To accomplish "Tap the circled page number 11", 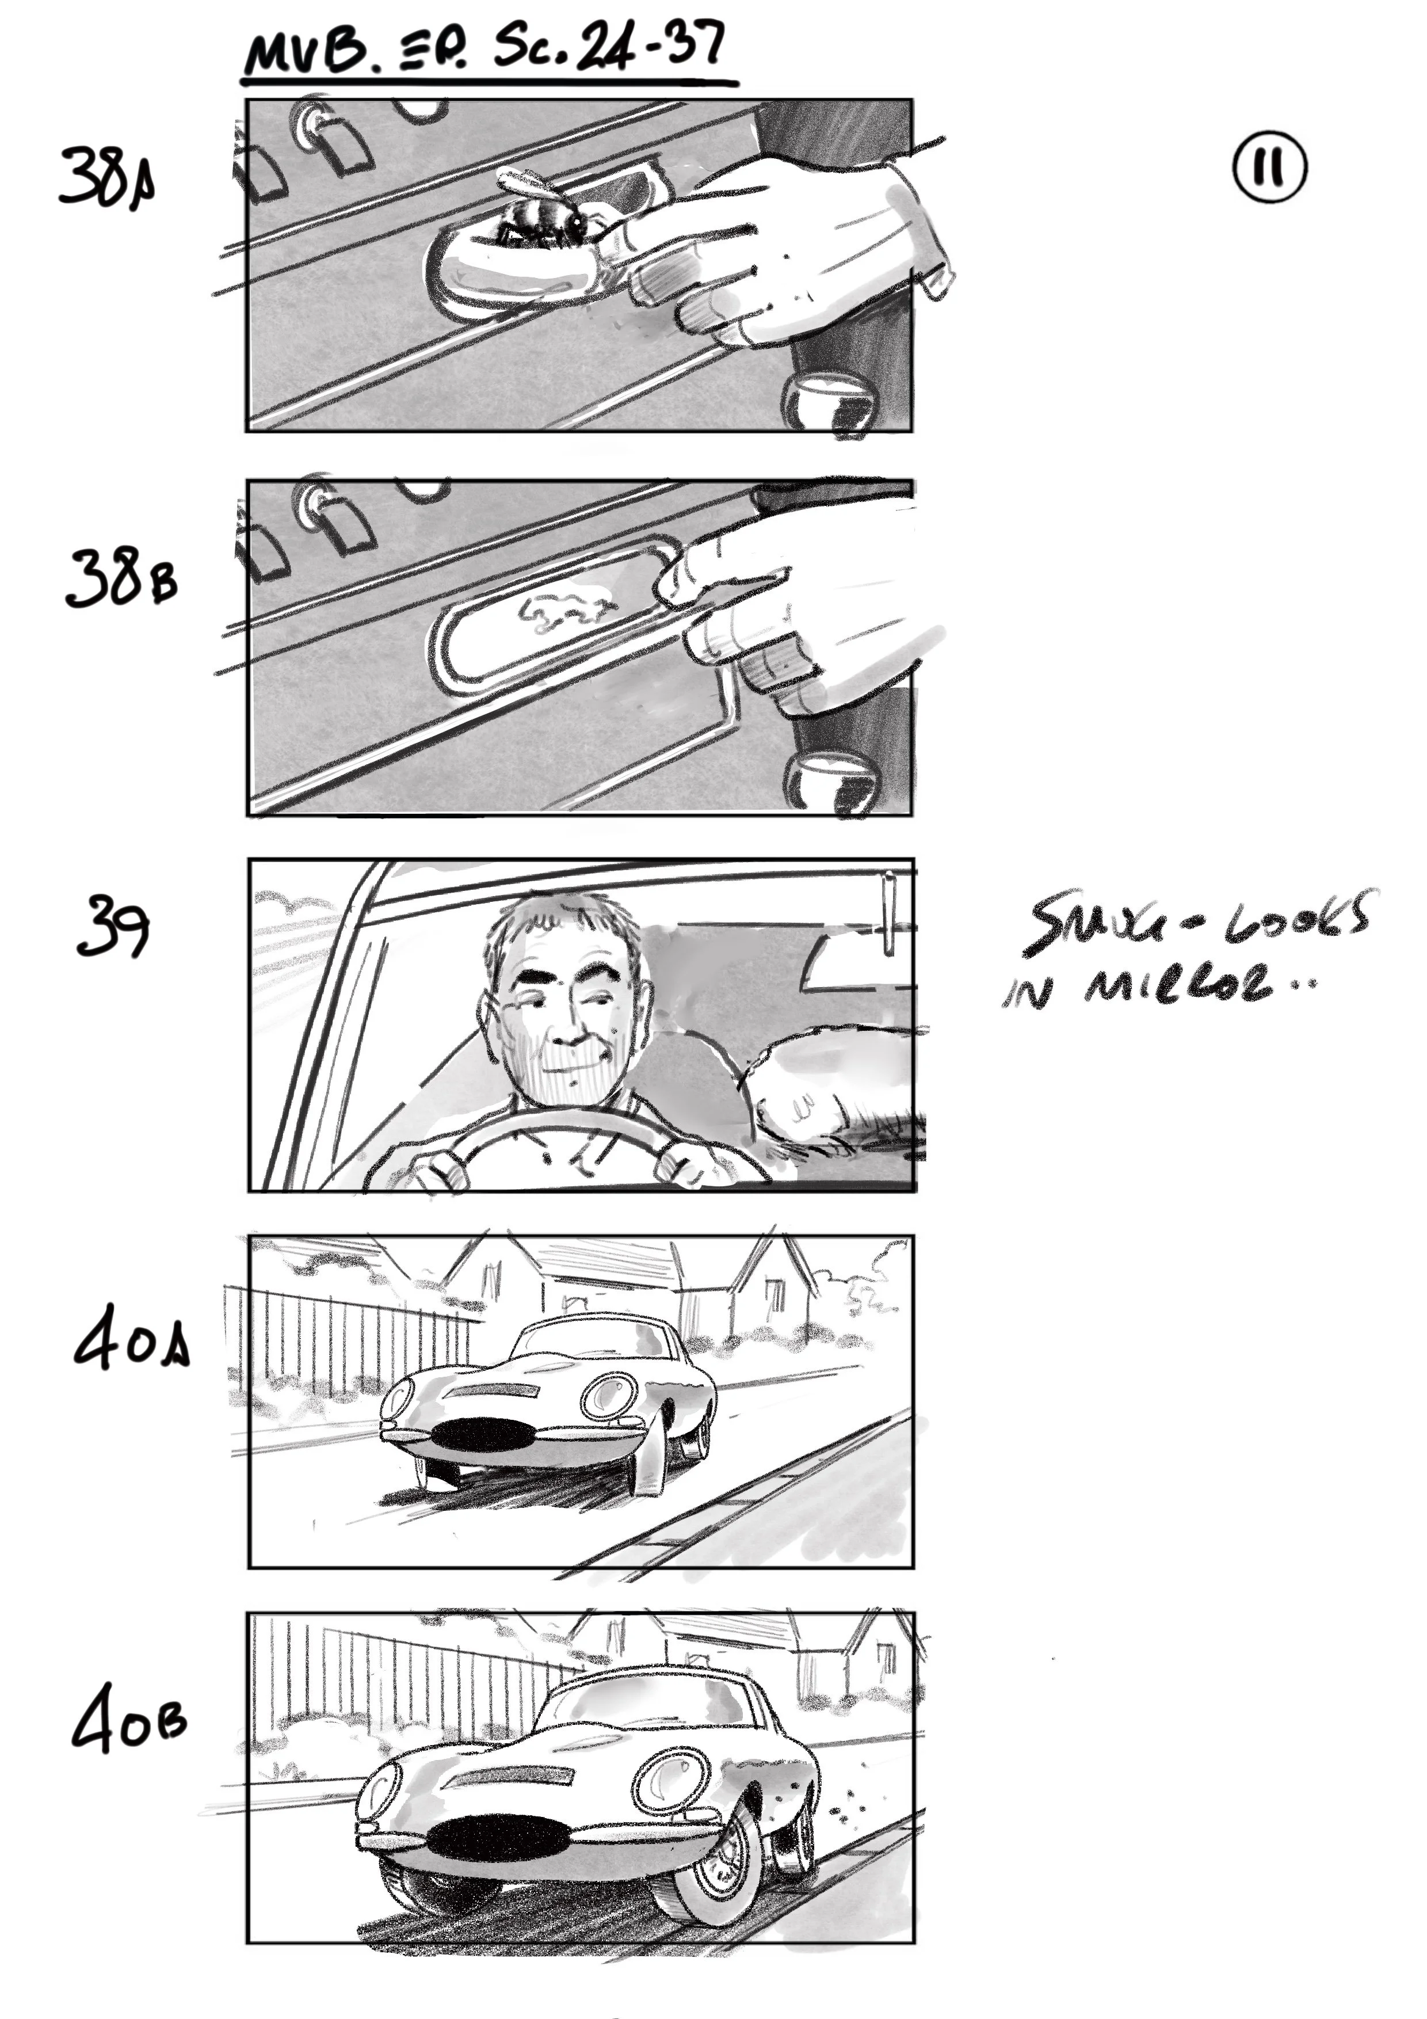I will coord(1269,167).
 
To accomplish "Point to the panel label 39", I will coord(113,927).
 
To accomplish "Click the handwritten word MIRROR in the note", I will coord(1178,986).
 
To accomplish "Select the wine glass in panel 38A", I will coord(831,403).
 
